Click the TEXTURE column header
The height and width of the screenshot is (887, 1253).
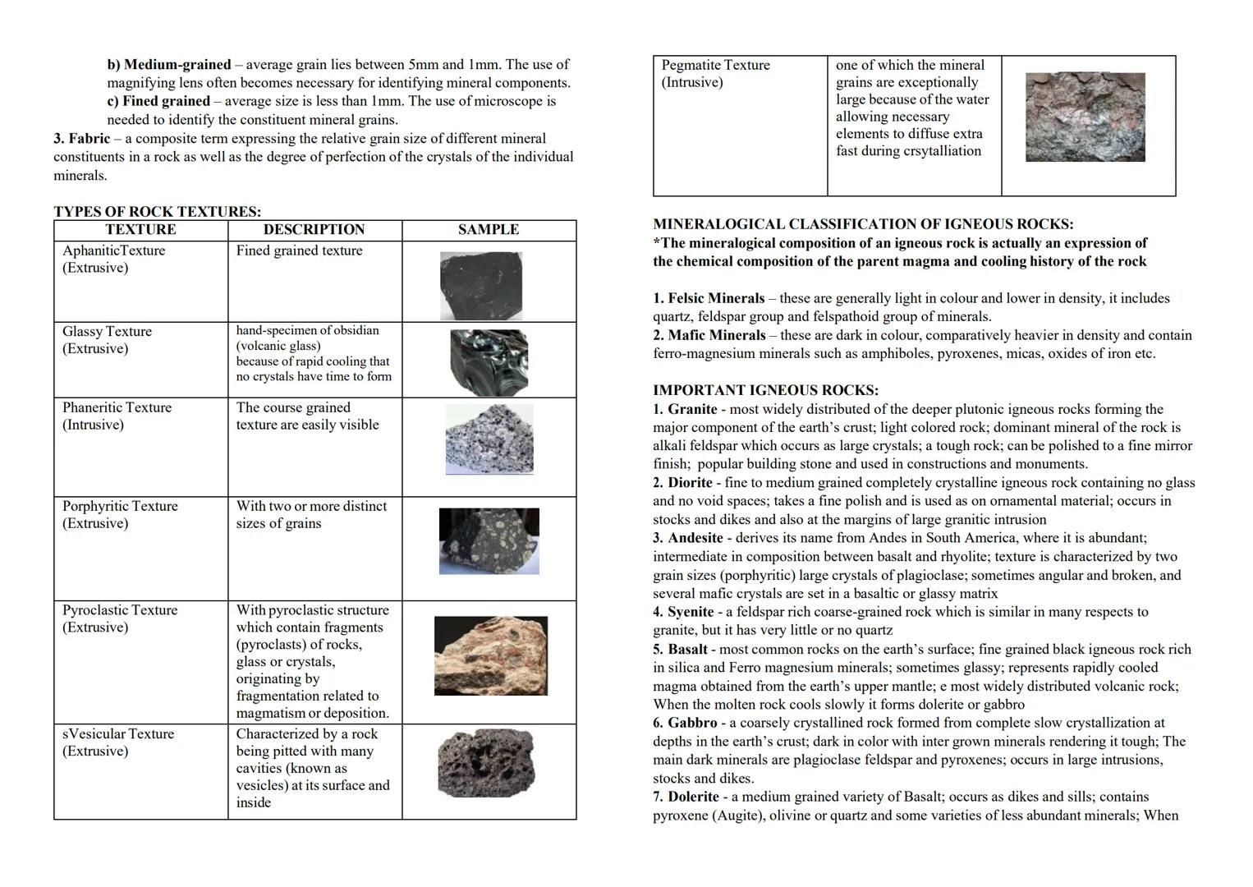coord(140,230)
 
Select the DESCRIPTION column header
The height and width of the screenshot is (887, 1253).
coord(314,230)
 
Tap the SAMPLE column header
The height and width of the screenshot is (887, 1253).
coord(489,230)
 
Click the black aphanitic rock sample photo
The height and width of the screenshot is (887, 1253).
coord(481,286)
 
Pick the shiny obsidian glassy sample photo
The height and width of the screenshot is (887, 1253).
coord(489,361)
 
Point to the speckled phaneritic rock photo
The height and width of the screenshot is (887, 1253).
coord(489,439)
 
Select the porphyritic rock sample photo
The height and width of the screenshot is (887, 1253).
coord(489,541)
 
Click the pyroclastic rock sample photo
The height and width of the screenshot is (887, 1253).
coord(491,656)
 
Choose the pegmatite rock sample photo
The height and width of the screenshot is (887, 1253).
coord(1085,117)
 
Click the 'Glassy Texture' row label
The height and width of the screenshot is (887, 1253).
coord(107,332)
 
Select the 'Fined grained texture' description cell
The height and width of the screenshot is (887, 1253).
coord(299,251)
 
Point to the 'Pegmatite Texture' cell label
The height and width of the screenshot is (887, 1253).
coord(715,66)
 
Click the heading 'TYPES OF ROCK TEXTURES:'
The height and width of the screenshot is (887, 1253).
coord(158,212)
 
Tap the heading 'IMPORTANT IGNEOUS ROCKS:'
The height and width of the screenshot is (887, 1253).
coord(765,390)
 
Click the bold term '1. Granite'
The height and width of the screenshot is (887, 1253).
coord(685,409)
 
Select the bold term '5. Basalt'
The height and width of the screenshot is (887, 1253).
coord(680,649)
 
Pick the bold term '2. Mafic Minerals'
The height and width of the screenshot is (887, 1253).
coord(709,335)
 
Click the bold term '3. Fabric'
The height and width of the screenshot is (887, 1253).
coord(81,138)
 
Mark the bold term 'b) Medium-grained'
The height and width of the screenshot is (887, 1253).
coord(169,64)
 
